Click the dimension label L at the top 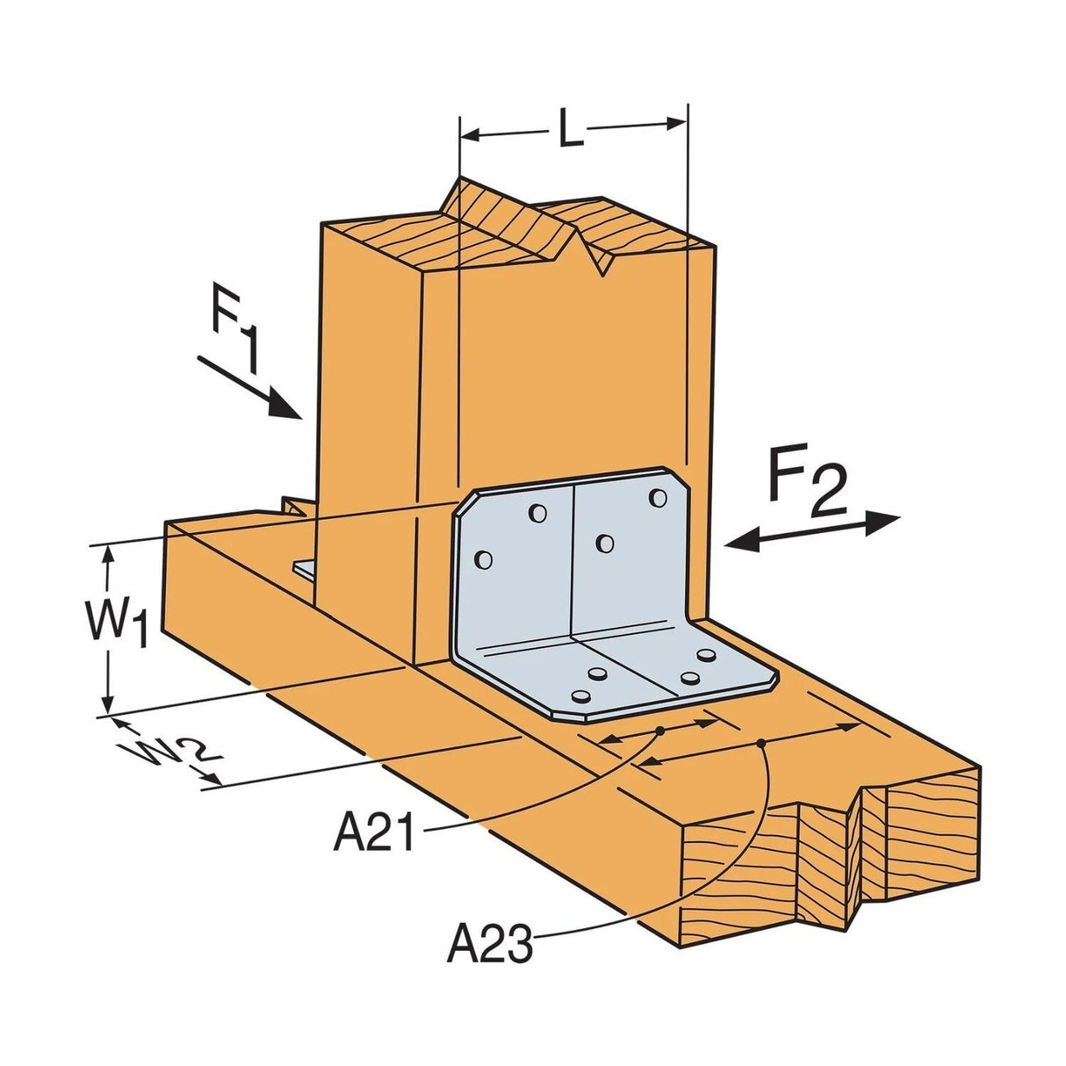pyautogui.click(x=571, y=130)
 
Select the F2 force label pyautogui.click(x=806, y=484)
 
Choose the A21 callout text pyautogui.click(x=373, y=832)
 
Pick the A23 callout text pyautogui.click(x=489, y=946)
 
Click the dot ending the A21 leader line pyautogui.click(x=659, y=731)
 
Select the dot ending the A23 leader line pyautogui.click(x=761, y=745)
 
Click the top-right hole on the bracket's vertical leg pyautogui.click(x=658, y=498)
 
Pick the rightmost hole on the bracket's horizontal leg pyautogui.click(x=706, y=655)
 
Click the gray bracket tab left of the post pyautogui.click(x=305, y=569)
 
